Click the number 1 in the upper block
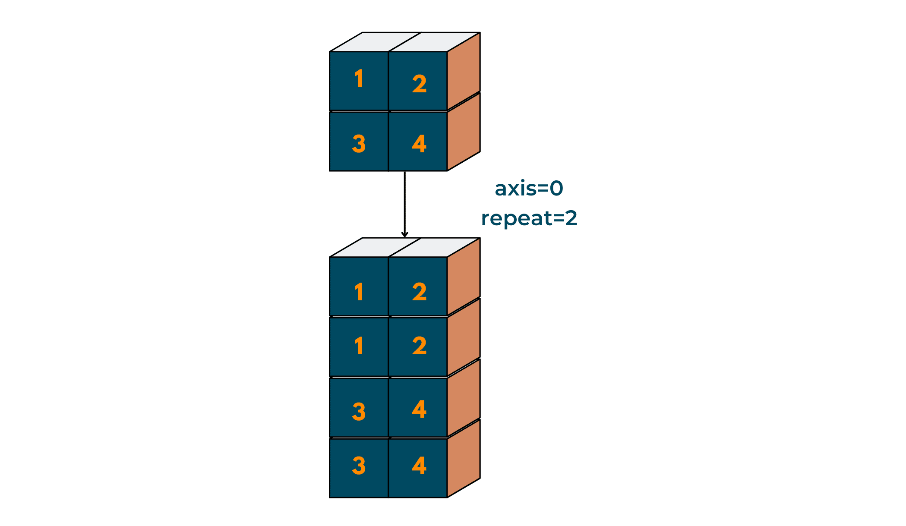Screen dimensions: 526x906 coord(359,79)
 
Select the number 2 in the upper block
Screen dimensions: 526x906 coord(419,84)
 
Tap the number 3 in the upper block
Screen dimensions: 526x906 coord(359,144)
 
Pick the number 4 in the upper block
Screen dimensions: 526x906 coord(419,144)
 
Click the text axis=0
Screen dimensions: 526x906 coord(529,189)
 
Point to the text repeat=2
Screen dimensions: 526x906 coord(529,218)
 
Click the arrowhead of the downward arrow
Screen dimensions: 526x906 coord(404,234)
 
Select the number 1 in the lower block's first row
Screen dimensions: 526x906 coord(359,292)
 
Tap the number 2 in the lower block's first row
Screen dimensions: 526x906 coord(419,292)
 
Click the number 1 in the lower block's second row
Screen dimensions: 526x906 coord(359,346)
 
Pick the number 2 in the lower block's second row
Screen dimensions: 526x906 coord(419,346)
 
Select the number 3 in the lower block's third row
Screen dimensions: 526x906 coord(359,411)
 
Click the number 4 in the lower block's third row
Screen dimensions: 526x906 coord(419,409)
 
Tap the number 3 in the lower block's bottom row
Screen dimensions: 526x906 coord(359,466)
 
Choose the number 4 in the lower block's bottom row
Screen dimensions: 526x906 coord(419,466)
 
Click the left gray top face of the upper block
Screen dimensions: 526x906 coord(375,42)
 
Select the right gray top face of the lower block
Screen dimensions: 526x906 coord(434,247)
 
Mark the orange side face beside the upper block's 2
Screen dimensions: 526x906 coord(464,71)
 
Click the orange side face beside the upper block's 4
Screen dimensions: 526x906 coord(464,132)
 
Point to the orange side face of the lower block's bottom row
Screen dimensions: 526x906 coord(464,458)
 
